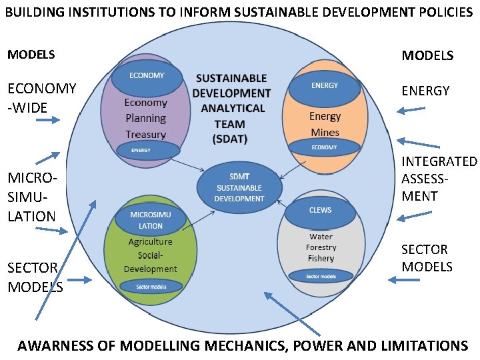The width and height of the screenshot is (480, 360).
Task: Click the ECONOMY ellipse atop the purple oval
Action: coord(147,77)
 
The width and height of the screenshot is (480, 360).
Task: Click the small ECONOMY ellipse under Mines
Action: coord(324,147)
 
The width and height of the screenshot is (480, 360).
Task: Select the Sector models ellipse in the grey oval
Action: coord(321,275)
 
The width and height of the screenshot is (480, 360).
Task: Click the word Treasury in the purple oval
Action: coord(145,133)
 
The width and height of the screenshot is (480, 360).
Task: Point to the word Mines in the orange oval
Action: coord(325,132)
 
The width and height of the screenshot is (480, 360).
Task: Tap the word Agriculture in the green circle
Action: coord(150,242)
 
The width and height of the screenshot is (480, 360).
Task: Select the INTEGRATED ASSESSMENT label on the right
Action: coord(439,179)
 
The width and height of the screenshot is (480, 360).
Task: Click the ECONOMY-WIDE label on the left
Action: coord(41,97)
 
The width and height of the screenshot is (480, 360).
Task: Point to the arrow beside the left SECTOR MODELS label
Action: coord(79,280)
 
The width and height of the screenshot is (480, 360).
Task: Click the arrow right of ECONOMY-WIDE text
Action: coord(47,120)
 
